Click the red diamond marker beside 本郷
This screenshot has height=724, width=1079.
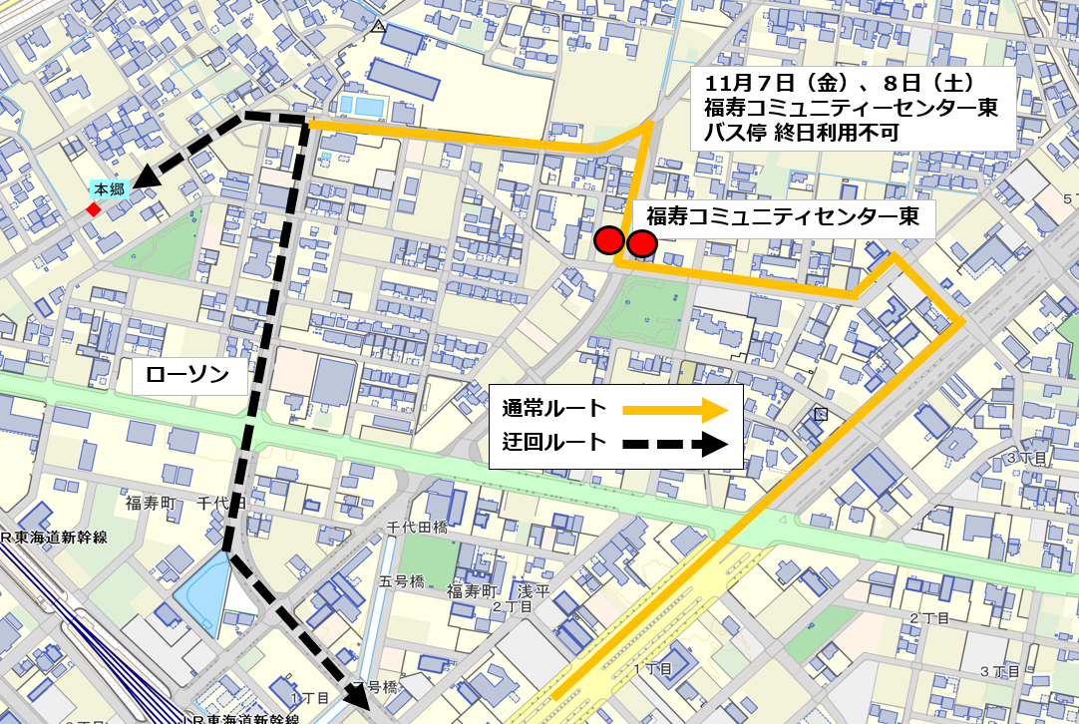tap(93, 209)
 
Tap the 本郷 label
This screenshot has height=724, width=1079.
tap(110, 188)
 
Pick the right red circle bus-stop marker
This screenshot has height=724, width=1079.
tap(641, 242)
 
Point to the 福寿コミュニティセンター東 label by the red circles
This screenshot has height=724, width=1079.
tap(783, 216)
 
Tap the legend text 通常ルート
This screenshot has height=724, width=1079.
tap(554, 408)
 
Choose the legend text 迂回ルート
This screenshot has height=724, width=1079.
tap(554, 442)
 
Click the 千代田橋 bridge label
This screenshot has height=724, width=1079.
tap(417, 527)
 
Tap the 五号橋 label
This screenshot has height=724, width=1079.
tap(402, 580)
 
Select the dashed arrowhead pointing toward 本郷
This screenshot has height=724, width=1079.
tap(146, 179)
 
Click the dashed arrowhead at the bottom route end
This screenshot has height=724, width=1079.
tap(356, 695)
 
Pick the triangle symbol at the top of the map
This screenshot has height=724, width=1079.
tap(378, 28)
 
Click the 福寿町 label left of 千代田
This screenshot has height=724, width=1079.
tap(151, 504)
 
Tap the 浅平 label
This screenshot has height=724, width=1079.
tap(530, 590)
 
